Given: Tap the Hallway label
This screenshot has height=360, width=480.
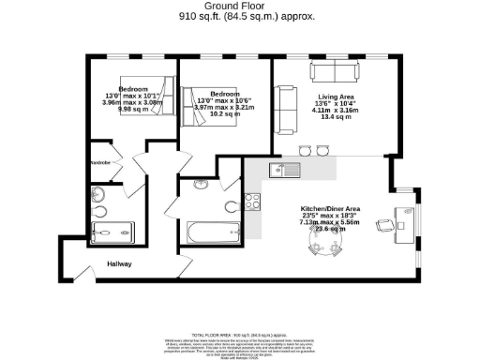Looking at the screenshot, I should coord(119,264).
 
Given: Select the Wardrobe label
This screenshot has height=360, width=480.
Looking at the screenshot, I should coord(100,162).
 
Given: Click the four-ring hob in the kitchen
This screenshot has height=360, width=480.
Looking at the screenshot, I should coord(252,200).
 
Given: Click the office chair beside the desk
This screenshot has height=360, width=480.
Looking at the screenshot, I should coord(385,225).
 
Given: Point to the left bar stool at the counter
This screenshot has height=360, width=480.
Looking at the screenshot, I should coord(305,150).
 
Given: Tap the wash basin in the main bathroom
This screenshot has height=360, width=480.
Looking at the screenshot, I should coord(202,185).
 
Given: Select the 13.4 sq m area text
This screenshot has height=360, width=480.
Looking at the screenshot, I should coord(336,117).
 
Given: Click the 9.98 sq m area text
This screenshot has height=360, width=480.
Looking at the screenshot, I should coord(126,110).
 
